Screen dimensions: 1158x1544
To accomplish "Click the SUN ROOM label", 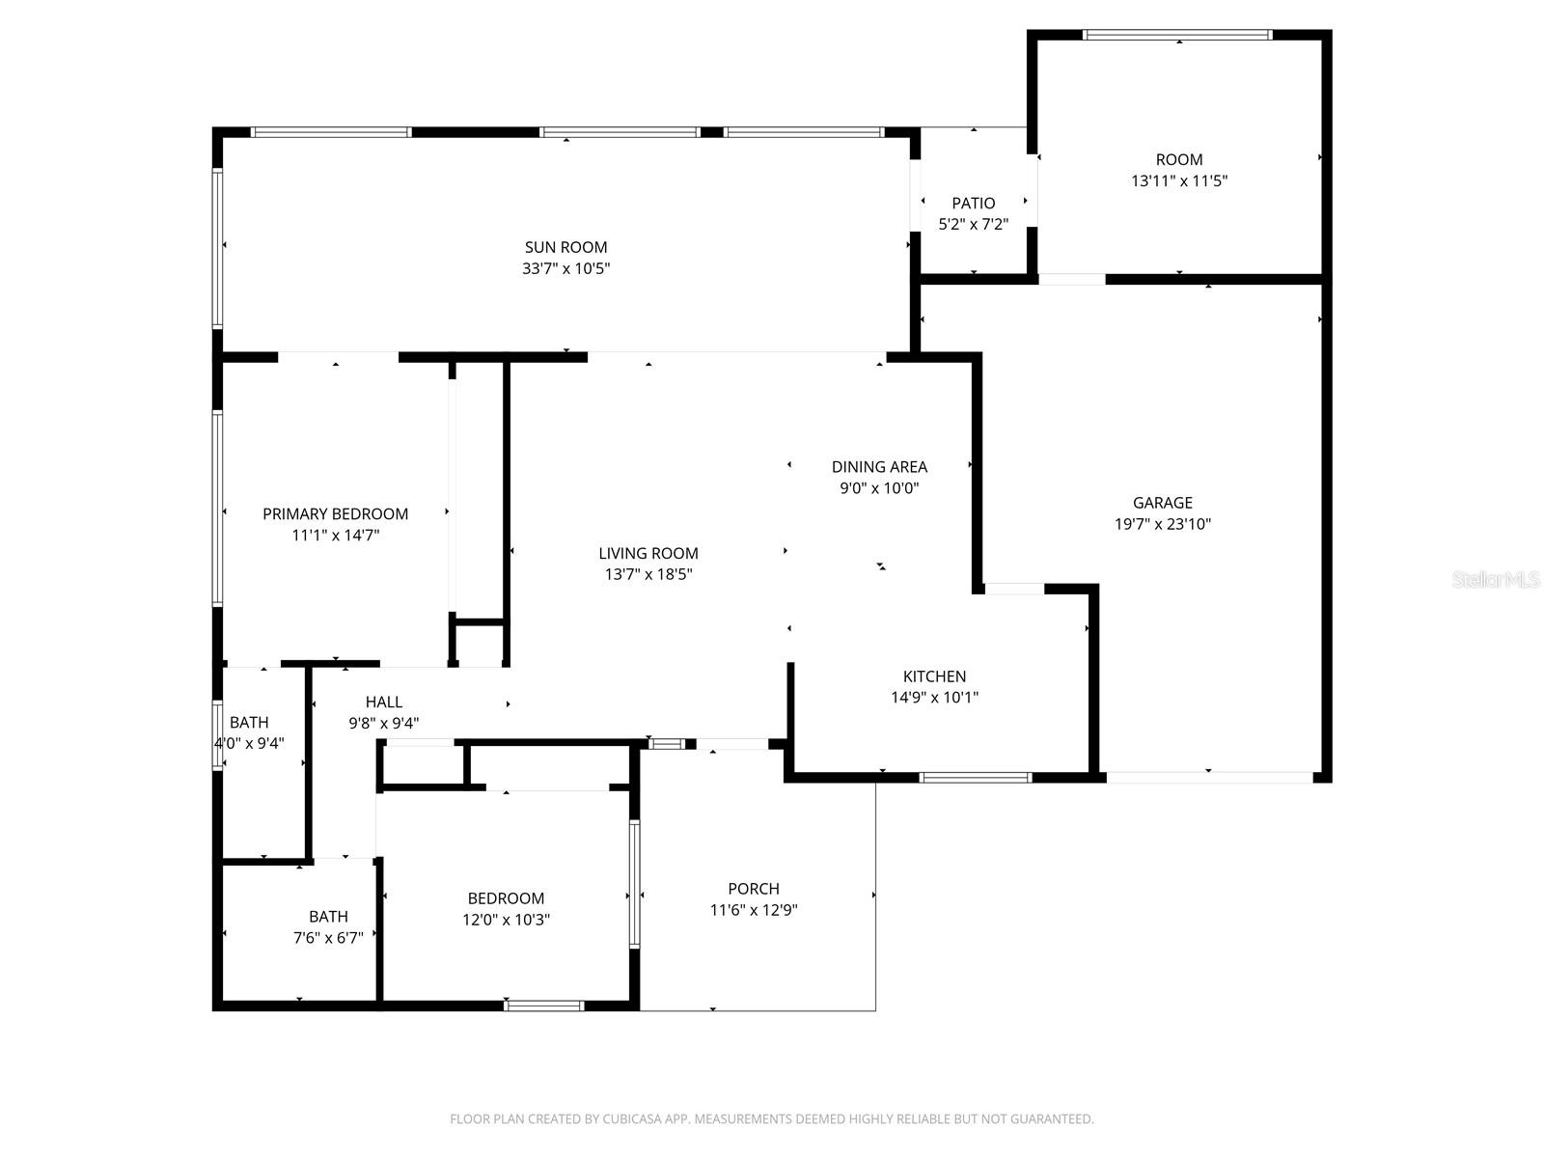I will point(565,247).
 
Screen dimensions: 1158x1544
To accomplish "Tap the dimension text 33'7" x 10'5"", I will point(565,268).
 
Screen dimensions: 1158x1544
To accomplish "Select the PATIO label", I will point(973,203).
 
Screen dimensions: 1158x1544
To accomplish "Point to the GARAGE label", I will point(1162,503).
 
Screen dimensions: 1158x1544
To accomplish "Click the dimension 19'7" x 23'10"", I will point(1162,524).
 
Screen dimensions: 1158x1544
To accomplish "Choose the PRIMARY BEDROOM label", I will point(335,514).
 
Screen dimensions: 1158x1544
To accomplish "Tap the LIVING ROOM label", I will point(648,553).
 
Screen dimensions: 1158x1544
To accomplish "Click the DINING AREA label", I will point(879,467).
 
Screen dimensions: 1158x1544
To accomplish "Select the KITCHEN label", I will point(934,676).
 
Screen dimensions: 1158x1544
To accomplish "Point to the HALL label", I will point(383,703).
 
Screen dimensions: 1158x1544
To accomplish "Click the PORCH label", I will point(753,889).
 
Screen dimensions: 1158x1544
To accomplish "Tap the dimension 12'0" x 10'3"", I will point(506,920).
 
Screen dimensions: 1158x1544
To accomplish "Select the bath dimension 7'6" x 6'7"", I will point(328,937).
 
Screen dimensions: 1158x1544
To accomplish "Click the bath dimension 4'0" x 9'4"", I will point(249,743).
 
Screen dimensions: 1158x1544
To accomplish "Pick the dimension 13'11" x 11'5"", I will point(1178,180).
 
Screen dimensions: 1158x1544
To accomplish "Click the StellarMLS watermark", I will point(1496,580).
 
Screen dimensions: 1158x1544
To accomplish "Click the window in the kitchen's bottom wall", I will point(976,777).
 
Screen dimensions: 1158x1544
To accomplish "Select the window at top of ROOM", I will point(1177,36).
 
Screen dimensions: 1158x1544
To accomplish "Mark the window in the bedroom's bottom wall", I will point(544,1006).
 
